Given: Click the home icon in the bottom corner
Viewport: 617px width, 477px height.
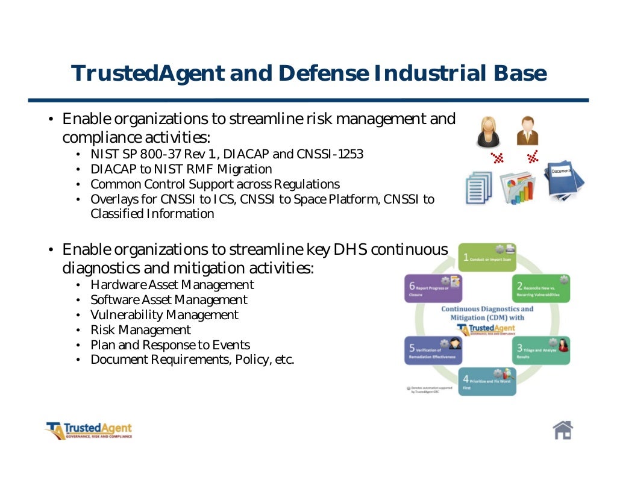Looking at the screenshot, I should point(562,429).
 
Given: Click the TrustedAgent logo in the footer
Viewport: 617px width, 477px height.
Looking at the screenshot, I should point(89,431).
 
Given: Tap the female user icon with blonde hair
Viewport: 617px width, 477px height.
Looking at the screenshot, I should point(488,132).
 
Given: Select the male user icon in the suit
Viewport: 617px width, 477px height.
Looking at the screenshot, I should point(527,131).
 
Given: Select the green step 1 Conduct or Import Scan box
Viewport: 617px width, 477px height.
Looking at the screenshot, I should point(487,258).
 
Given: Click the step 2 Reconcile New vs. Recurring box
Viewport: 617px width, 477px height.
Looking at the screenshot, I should point(541,288).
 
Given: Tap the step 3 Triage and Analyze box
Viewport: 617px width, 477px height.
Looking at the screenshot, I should point(541,350).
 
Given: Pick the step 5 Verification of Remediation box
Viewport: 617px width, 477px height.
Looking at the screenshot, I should point(433,350).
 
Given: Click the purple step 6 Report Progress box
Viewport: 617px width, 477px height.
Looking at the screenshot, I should point(433,288).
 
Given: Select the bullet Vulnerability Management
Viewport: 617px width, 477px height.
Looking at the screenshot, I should point(164,315).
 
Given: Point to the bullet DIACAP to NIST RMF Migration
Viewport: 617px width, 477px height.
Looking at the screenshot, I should point(181,169).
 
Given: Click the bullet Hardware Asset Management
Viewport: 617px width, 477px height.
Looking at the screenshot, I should point(172,285).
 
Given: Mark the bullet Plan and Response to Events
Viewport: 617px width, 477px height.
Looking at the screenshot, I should point(170,345).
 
